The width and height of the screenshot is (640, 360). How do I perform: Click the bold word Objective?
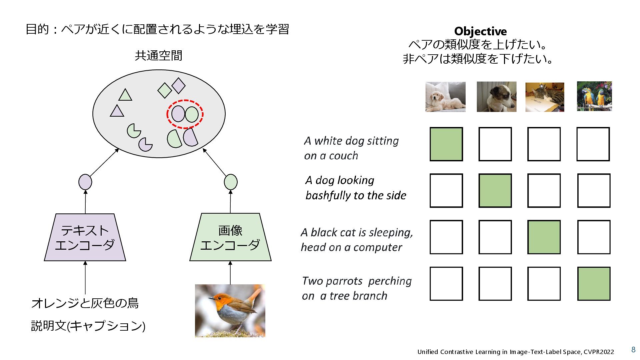pos(480,31)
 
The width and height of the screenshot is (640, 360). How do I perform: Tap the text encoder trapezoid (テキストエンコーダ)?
pos(85,237)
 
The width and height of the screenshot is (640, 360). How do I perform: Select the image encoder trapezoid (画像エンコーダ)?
pos(230,237)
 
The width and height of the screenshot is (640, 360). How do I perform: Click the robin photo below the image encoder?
pos(230,311)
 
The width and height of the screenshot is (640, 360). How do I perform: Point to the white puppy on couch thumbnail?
pos(445,97)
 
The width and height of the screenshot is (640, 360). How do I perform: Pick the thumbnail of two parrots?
pos(594,96)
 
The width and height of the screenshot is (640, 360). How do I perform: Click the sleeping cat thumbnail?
pos(545,97)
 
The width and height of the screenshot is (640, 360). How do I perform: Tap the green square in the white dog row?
pos(446,144)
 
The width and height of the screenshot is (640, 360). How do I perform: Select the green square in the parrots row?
pos(594,284)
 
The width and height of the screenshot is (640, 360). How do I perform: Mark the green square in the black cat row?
pos(544,237)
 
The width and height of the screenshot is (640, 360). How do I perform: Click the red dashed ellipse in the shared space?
pos(185,114)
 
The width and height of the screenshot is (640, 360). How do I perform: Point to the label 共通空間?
pos(159,56)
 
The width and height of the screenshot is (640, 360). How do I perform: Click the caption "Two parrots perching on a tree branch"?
pos(356,288)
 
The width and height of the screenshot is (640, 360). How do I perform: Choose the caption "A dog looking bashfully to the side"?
pos(356,188)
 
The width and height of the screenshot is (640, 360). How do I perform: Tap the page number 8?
pos(633,349)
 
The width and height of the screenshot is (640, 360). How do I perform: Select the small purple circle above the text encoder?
pos(85,182)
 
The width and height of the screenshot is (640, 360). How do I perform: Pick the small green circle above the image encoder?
pos(231,182)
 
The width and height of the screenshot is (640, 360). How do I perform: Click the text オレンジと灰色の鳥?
pos(85,303)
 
